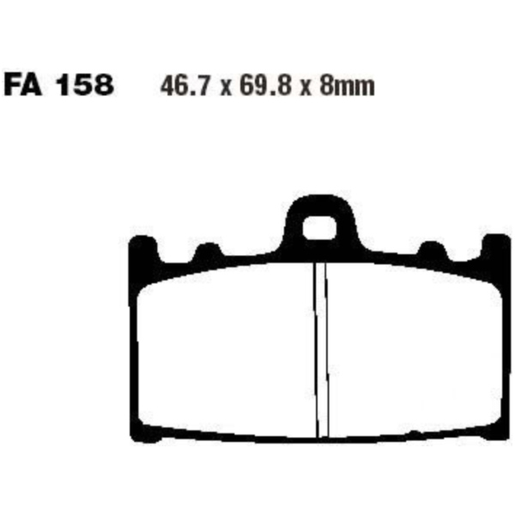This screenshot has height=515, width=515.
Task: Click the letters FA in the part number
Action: (23, 86)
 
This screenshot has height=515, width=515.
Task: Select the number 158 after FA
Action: (85, 86)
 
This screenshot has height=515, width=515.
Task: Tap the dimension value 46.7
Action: (185, 86)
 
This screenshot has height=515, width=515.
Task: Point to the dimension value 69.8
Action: (265, 86)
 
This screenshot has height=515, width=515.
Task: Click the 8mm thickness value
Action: (347, 86)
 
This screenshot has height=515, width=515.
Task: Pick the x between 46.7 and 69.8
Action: (225, 88)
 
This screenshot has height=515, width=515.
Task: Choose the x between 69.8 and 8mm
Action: (306, 88)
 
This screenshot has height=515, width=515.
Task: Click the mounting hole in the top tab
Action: (319, 227)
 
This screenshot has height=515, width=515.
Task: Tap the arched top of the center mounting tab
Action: (320, 202)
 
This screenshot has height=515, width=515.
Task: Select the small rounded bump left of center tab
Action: (208, 251)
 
